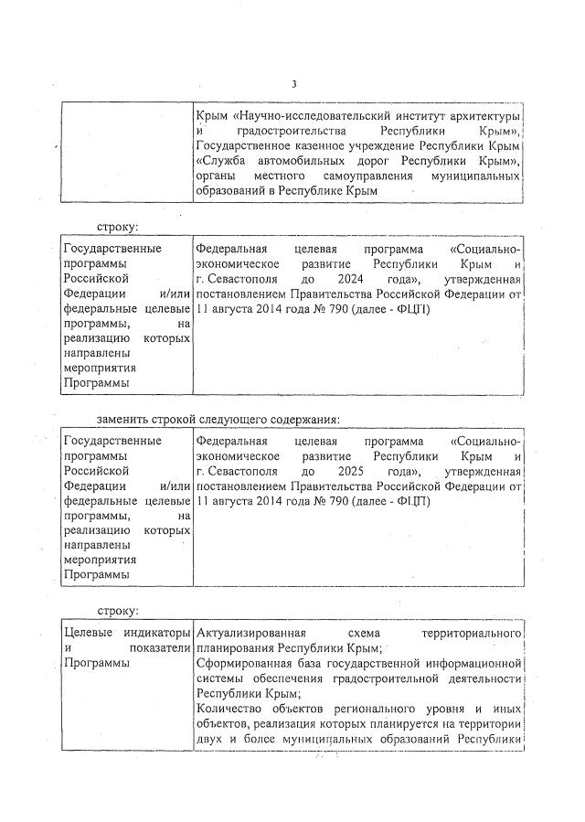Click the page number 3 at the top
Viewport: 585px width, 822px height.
click(x=293, y=85)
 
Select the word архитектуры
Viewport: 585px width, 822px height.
click(x=483, y=118)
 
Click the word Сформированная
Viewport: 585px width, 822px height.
click(x=244, y=664)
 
